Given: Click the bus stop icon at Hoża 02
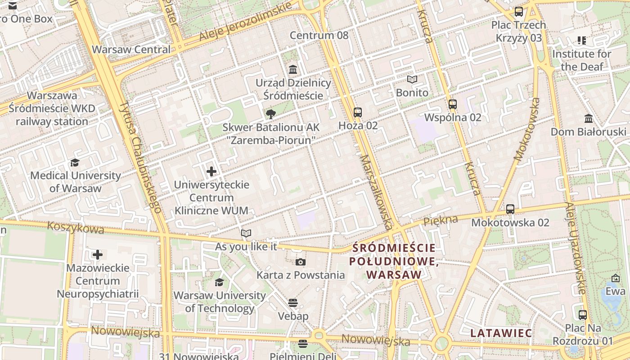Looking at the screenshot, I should pyautogui.click(x=358, y=112).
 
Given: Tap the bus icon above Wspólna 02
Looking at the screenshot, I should pyautogui.click(x=453, y=104).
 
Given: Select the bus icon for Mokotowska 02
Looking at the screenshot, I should pyautogui.click(x=510, y=209).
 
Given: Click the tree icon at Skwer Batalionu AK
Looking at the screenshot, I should pyautogui.click(x=270, y=114).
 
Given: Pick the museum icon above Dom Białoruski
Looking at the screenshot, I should pyautogui.click(x=588, y=119).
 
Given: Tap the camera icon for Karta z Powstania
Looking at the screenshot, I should pyautogui.click(x=301, y=262).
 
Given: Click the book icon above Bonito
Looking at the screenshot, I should pyautogui.click(x=412, y=80).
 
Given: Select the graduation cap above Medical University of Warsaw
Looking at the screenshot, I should pyautogui.click(x=75, y=162).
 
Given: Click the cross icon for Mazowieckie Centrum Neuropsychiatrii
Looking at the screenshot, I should pyautogui.click(x=98, y=255).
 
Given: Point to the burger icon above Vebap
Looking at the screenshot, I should pyautogui.click(x=293, y=303).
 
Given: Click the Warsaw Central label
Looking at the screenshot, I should pyautogui.click(x=131, y=49).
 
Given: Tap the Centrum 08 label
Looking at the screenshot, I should pyautogui.click(x=319, y=35).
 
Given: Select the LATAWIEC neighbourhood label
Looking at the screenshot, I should pyautogui.click(x=501, y=333).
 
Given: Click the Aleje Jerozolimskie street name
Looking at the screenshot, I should pyautogui.click(x=245, y=22).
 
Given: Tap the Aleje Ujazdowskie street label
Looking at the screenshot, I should pyautogui.click(x=576, y=247).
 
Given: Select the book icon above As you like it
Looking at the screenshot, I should pyautogui.click(x=246, y=234).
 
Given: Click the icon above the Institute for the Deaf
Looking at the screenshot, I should pyautogui.click(x=581, y=41).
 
